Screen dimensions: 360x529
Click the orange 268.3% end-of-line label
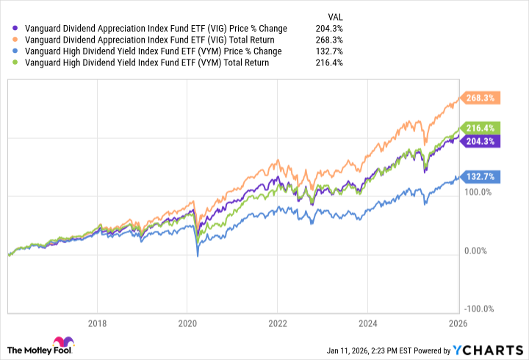(x=480, y=98)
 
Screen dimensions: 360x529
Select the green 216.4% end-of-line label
(x=480, y=127)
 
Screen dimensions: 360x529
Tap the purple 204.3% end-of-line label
(x=480, y=141)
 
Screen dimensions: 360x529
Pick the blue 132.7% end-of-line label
(x=480, y=176)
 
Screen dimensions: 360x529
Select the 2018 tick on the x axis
(x=97, y=323)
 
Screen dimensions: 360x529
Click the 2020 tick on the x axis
(x=187, y=323)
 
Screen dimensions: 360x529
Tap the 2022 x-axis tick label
(x=278, y=323)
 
